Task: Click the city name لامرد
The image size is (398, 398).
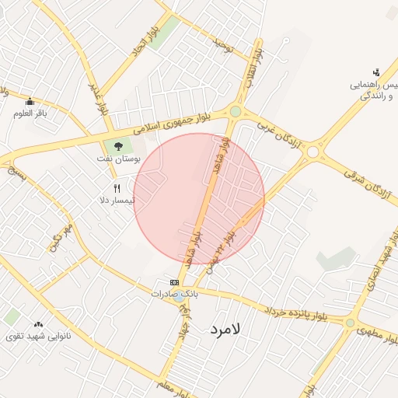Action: point(227,330)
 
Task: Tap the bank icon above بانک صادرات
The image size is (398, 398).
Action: point(175,282)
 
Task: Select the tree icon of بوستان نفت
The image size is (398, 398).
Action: point(118,145)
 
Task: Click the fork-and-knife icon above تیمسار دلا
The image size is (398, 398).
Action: point(117,188)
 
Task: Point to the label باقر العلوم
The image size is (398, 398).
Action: point(30,113)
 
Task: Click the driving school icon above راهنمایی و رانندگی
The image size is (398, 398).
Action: point(377,72)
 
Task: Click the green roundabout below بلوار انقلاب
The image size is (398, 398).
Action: point(236,112)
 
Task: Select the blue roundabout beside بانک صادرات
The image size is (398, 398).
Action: point(178,295)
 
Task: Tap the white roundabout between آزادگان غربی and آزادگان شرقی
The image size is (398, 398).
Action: point(312,152)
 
